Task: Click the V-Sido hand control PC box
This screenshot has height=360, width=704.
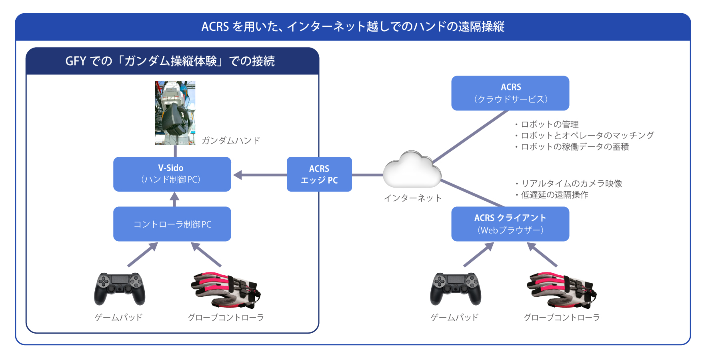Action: (172, 174)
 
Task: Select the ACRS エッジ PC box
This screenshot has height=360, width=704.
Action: (319, 174)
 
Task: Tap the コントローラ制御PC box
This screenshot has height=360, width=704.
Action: (172, 224)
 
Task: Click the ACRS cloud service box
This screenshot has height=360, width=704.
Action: (510, 93)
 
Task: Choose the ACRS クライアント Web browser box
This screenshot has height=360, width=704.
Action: (510, 224)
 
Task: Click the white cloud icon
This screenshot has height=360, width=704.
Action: (412, 170)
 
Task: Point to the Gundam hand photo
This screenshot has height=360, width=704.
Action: (175, 113)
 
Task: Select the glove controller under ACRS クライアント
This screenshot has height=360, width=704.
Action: (562, 290)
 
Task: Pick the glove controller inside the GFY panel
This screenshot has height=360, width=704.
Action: (226, 290)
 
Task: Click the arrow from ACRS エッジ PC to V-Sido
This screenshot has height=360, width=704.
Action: (260, 175)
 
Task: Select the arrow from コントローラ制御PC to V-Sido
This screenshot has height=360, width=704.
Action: (174, 199)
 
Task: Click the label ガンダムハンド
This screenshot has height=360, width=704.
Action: (231, 140)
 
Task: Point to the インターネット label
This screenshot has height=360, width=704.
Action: (413, 198)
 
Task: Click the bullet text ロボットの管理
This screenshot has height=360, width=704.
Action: (547, 124)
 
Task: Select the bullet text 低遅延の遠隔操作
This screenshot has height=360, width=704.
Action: (552, 195)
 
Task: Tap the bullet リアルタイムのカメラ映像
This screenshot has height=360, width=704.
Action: (568, 184)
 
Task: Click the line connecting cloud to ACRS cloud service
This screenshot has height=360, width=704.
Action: (470, 136)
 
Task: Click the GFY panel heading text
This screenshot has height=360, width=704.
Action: (170, 61)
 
